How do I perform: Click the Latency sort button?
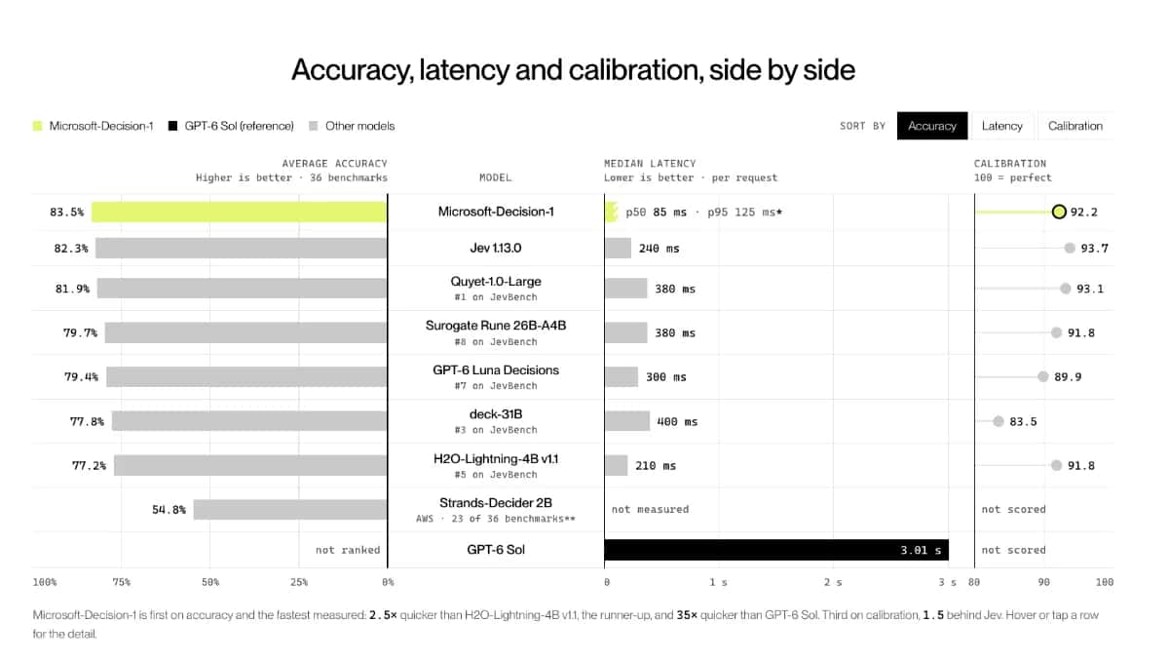click(1001, 126)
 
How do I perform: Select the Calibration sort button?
click(1075, 126)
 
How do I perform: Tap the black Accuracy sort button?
click(932, 126)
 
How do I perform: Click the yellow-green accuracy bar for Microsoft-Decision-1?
click(239, 212)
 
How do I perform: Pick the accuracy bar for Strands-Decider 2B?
click(290, 510)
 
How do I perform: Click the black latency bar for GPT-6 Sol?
click(776, 550)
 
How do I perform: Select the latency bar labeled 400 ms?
click(627, 421)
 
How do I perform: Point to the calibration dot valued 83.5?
click(999, 421)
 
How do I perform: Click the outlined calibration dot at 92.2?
click(1059, 212)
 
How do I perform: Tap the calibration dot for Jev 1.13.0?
click(1070, 248)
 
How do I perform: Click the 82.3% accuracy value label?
click(71, 249)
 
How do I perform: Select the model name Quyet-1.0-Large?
click(496, 282)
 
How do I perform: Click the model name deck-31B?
click(496, 414)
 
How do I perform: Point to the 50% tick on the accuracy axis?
click(210, 582)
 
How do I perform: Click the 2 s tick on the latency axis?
click(833, 582)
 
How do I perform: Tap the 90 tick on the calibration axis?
click(1043, 582)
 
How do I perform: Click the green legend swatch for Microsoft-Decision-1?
click(38, 126)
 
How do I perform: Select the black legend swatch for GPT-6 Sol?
click(172, 126)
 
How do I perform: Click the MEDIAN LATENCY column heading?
click(650, 164)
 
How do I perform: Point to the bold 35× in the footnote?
click(687, 615)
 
